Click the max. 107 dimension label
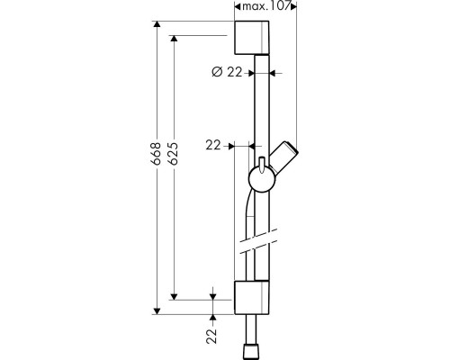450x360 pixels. [265, 6]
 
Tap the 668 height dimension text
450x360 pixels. [156, 153]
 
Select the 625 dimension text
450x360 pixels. [173, 153]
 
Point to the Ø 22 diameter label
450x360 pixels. [227, 72]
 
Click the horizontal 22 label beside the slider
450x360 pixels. [213, 146]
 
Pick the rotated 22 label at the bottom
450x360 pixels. [211, 336]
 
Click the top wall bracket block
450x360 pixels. [252, 38]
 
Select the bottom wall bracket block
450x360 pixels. [252, 298]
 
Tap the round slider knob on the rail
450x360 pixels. [262, 179]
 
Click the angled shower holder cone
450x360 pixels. [284, 156]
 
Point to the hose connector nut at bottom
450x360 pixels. [252, 352]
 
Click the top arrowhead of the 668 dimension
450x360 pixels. [157, 24]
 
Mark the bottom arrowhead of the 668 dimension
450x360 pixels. [157, 311]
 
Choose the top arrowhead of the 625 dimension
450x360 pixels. [174, 39]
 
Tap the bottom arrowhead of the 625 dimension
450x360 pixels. [174, 296]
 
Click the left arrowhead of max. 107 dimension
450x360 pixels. [238, 6]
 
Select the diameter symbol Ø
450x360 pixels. [217, 72]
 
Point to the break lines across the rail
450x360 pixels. [258, 241]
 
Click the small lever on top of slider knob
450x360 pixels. [262, 165]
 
